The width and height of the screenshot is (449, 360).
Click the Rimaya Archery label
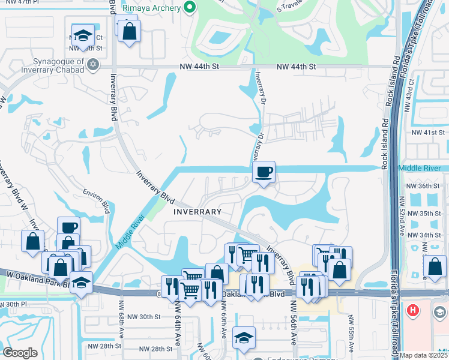[152, 8]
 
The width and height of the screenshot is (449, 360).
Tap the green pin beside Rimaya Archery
[190, 8]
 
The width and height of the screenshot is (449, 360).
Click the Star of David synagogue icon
[93, 64]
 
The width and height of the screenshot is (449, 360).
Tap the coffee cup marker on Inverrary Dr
[264, 173]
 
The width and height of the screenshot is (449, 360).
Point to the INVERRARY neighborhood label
[197, 212]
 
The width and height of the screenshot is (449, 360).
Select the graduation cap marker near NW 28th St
[244, 338]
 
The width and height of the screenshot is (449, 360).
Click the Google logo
[19, 353]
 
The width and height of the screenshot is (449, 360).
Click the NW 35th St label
[424, 214]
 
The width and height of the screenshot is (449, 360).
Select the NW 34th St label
[424, 235]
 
